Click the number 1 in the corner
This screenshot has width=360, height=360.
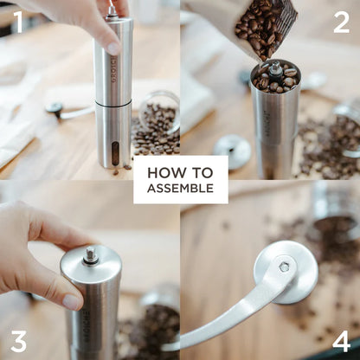(17, 21)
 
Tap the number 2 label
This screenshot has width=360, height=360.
(341, 21)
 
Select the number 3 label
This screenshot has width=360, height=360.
(18, 339)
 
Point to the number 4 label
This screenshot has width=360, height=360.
(341, 339)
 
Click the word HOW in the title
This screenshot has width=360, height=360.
(161, 171)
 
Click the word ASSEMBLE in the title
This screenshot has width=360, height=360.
(180, 188)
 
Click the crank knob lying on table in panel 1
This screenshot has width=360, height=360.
(55, 108)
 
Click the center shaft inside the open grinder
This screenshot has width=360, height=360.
(275, 70)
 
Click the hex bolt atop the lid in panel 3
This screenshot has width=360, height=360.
(90, 255)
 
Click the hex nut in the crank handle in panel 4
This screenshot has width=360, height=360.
(284, 267)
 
